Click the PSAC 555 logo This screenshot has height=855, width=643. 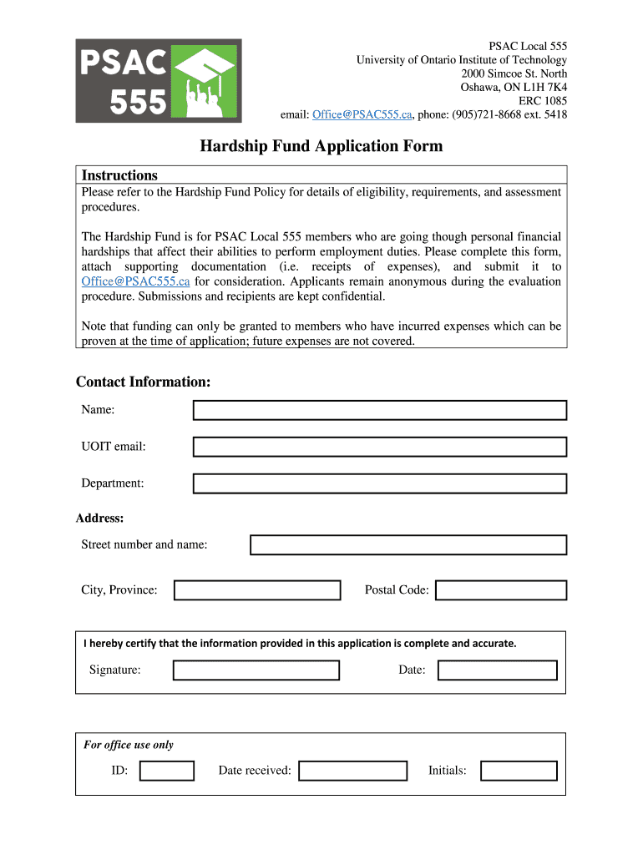(x=159, y=81)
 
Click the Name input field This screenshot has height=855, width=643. (x=380, y=410)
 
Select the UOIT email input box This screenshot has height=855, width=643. (x=380, y=447)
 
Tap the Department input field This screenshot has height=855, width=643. (x=380, y=483)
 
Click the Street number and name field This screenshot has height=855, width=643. (x=408, y=545)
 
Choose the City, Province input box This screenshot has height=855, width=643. (x=257, y=590)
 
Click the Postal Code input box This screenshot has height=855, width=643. (x=501, y=590)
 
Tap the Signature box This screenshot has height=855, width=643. (x=256, y=670)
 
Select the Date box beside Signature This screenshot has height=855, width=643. (x=498, y=670)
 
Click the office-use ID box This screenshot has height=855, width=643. (x=167, y=771)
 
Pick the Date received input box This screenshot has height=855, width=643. (x=352, y=771)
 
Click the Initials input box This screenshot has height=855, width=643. (x=519, y=771)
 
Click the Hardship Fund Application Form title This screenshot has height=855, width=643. (x=321, y=147)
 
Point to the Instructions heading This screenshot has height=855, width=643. (x=119, y=175)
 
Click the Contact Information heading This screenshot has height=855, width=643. (x=144, y=382)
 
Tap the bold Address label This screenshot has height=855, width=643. (x=100, y=519)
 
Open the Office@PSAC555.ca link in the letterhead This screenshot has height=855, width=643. (x=361, y=114)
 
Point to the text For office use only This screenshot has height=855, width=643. (x=129, y=745)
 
